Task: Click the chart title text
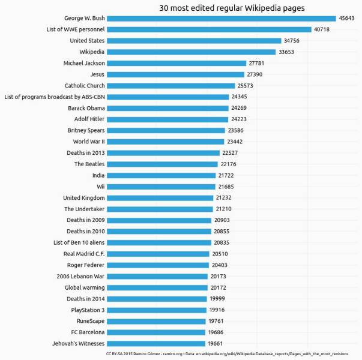(232, 8)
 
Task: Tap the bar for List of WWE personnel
(210, 29)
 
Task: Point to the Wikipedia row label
(92, 52)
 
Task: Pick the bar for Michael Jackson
(177, 63)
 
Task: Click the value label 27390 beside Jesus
(254, 74)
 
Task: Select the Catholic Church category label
(85, 85)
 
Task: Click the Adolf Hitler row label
(89, 119)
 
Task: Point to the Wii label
(101, 187)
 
